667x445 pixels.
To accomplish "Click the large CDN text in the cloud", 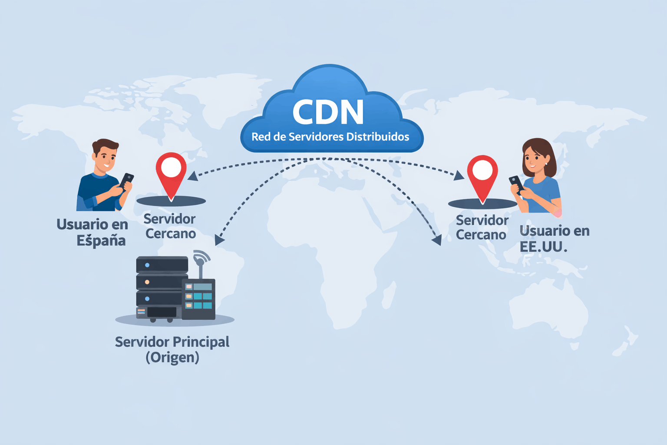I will coord(328,112).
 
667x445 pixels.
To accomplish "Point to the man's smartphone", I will coord(126,180).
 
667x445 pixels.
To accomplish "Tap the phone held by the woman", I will coord(516,183).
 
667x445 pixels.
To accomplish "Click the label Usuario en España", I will coord(93,232).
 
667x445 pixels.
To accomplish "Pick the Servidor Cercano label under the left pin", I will coord(170,226).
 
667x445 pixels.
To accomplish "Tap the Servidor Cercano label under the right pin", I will coord(482,227).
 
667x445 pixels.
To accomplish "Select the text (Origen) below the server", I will coord(172,357).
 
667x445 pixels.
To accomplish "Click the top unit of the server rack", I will coord(162,265).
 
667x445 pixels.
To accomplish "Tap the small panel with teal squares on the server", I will coord(198,296).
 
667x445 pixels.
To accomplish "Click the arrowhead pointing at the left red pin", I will coord(192,176).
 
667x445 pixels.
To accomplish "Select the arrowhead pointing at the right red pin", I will coord(459,176).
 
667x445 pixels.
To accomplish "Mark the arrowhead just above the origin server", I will coord(220,240).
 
